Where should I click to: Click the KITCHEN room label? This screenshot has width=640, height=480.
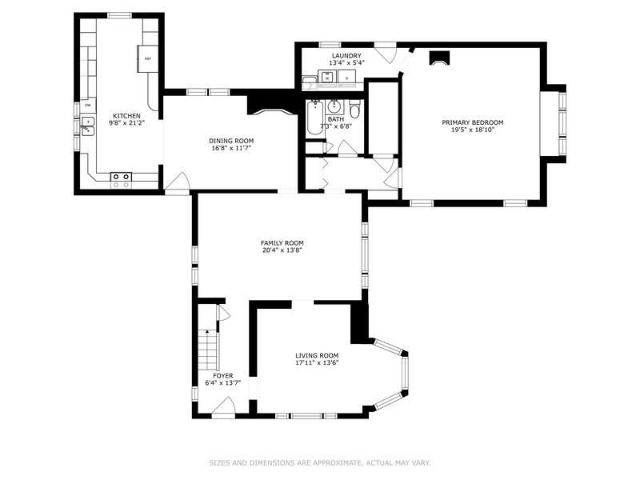coord(126,116)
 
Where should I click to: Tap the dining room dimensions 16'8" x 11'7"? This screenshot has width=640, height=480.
coord(231,148)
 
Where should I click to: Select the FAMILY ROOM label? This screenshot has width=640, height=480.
coord(282,243)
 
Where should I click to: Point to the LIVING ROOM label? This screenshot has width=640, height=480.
coord(317,355)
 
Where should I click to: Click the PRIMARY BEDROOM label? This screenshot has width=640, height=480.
coord(473,122)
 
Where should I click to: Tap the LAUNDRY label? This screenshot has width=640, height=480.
coord(346,56)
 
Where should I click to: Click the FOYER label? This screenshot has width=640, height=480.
coord(223,375)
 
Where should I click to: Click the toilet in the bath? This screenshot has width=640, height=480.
coord(354,110)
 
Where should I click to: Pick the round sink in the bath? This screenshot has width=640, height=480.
coord(334,107)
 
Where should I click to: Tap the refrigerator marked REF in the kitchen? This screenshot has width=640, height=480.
coord(147,58)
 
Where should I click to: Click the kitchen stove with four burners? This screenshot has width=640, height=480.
coord(122,181)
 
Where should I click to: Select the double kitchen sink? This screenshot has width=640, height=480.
coord(87,126)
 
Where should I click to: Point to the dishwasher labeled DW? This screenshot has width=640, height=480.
coord(88,106)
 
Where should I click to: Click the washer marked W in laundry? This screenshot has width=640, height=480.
coord(327,77)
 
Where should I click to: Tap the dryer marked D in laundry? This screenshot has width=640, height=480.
coord(347,77)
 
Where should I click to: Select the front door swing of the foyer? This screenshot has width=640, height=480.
coord(223,407)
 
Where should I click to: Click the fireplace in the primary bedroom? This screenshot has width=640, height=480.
coord(438,58)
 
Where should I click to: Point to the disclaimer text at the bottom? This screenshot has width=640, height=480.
coord(320,463)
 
